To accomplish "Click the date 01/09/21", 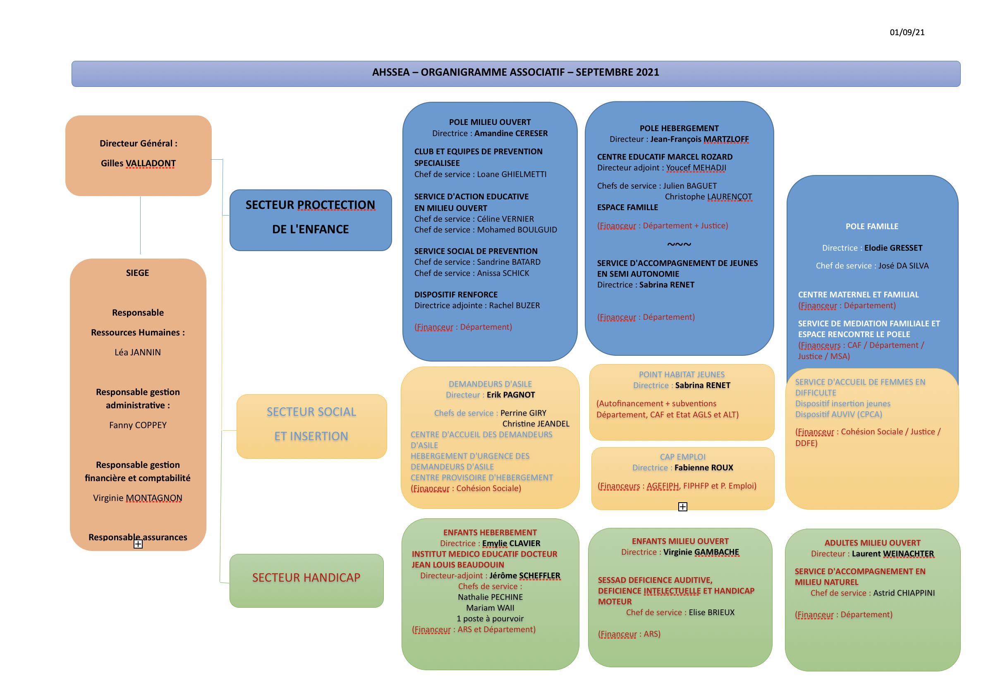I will pyautogui.click(x=907, y=33).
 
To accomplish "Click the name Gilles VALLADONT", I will pyautogui.click(x=138, y=163).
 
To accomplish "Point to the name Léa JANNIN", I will pyautogui.click(x=138, y=352).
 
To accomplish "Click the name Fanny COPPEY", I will pyautogui.click(x=138, y=425).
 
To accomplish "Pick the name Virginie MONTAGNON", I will pyautogui.click(x=138, y=498).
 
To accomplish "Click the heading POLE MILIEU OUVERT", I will pyautogui.click(x=490, y=122).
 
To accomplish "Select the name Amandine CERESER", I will pyautogui.click(x=511, y=134).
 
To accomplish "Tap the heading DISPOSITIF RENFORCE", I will pyautogui.click(x=456, y=295).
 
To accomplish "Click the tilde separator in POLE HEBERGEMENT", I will pyautogui.click(x=679, y=244).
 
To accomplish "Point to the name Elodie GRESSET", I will pyautogui.click(x=893, y=248).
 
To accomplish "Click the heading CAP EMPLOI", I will pyautogui.click(x=682, y=457).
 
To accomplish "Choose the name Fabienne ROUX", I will pyautogui.click(x=703, y=468).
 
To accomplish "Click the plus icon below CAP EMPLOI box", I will pyautogui.click(x=683, y=507).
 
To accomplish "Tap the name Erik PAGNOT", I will pyautogui.click(x=510, y=395).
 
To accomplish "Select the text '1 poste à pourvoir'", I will pyautogui.click(x=490, y=618).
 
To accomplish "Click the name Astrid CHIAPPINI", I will pyautogui.click(x=904, y=593).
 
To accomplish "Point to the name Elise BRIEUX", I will pyautogui.click(x=711, y=612).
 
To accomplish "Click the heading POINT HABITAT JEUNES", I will pyautogui.click(x=682, y=374).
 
